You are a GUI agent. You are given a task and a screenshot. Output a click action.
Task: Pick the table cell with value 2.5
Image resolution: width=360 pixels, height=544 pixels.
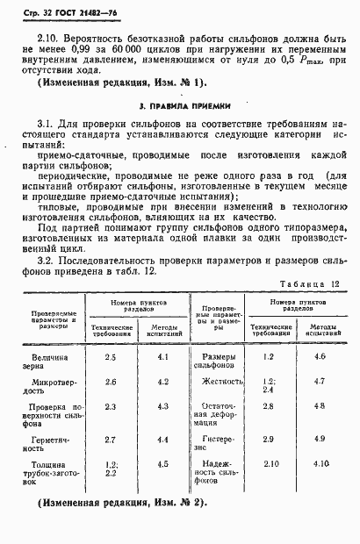pyautogui.click(x=110, y=357)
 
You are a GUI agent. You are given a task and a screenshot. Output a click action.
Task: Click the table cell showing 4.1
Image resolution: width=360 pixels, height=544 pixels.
pyautogui.click(x=163, y=357)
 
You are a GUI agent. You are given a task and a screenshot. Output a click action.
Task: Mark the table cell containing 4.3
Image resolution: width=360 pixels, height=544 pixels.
pyautogui.click(x=163, y=407)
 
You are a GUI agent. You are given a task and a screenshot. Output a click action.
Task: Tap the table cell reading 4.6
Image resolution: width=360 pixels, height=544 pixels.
pyautogui.click(x=319, y=356)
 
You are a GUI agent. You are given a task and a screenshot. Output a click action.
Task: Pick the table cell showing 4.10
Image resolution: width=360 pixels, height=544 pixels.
pyautogui.click(x=320, y=463)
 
